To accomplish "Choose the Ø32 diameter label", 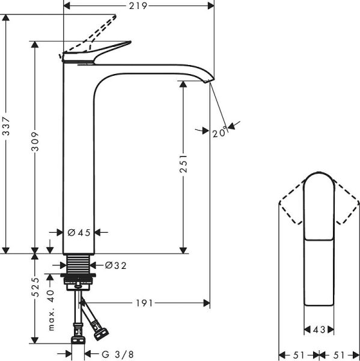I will click(x=116, y=265).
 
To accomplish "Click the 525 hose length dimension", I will click(x=35, y=288).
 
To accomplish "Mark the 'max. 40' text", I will click(x=51, y=310).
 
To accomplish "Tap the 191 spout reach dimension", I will click(x=142, y=302).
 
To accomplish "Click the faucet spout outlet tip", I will click(x=210, y=80).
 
